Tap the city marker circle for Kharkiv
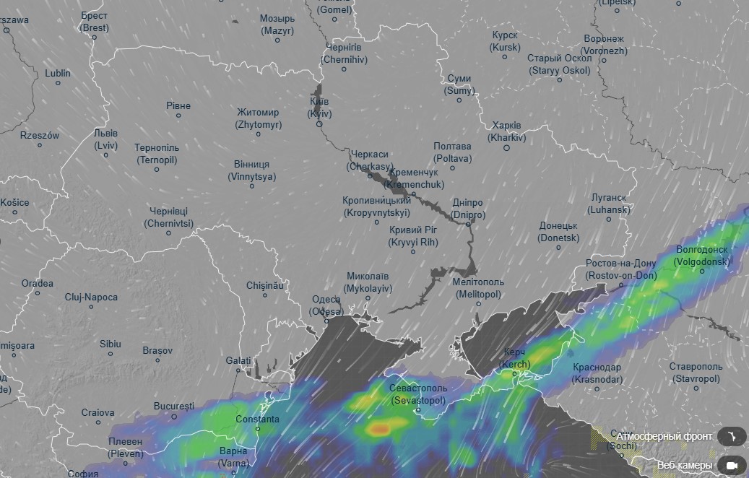coord(507,148)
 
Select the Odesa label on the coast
coord(326,305)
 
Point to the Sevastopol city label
coord(419,394)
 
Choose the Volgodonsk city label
coord(701,256)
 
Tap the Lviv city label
coord(105,139)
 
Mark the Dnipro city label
coord(467,209)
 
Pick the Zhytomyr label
coord(258,118)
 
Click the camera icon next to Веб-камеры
coord(732,464)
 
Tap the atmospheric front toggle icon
coord(732,436)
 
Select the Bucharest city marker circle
coord(174,417)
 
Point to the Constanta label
coord(257,419)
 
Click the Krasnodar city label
coord(597,373)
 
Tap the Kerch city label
coord(515,358)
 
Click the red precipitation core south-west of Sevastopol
coord(379,429)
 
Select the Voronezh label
coord(604,45)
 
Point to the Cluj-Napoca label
coord(91,297)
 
